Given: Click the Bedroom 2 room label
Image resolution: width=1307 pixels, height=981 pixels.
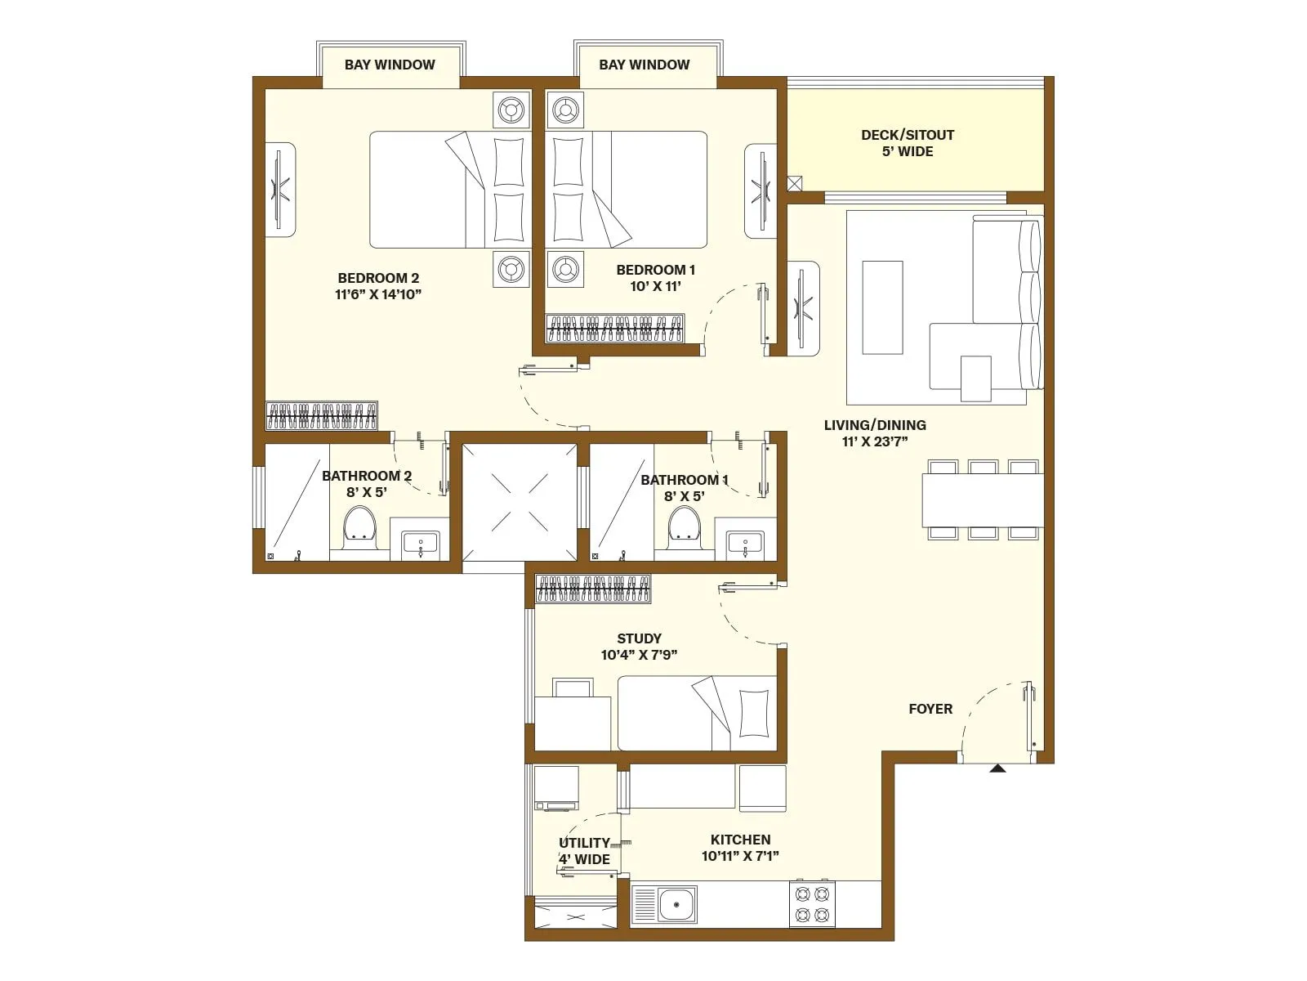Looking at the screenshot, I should click(378, 278).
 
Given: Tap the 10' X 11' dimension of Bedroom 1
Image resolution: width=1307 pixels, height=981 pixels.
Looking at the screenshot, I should click(655, 286).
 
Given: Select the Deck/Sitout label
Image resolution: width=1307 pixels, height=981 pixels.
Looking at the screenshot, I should click(908, 135).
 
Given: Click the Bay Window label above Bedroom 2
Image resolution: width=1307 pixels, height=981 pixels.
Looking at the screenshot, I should click(390, 65).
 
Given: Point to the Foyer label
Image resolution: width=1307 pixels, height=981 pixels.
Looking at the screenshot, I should click(930, 709).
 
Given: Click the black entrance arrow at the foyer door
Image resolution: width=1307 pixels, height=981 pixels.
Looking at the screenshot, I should click(997, 768).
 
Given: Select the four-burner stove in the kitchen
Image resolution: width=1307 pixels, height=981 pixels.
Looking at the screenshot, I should click(812, 903).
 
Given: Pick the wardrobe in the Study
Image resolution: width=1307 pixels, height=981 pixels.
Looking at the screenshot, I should click(593, 589).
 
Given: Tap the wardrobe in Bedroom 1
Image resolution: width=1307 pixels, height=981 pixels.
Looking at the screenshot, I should click(614, 328).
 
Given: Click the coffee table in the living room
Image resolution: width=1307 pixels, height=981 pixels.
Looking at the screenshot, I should click(882, 307).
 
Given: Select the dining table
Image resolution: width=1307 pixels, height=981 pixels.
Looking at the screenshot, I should click(982, 500).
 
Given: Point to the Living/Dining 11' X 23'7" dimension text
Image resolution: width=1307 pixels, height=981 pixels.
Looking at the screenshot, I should click(875, 441).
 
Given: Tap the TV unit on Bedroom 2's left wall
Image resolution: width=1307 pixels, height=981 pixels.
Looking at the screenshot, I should click(279, 190).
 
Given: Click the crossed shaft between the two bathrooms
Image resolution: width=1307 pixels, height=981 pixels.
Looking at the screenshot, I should click(520, 502).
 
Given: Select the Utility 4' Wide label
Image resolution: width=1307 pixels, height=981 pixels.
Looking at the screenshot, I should click(584, 851).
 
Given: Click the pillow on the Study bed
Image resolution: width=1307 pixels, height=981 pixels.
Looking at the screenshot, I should click(752, 713).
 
